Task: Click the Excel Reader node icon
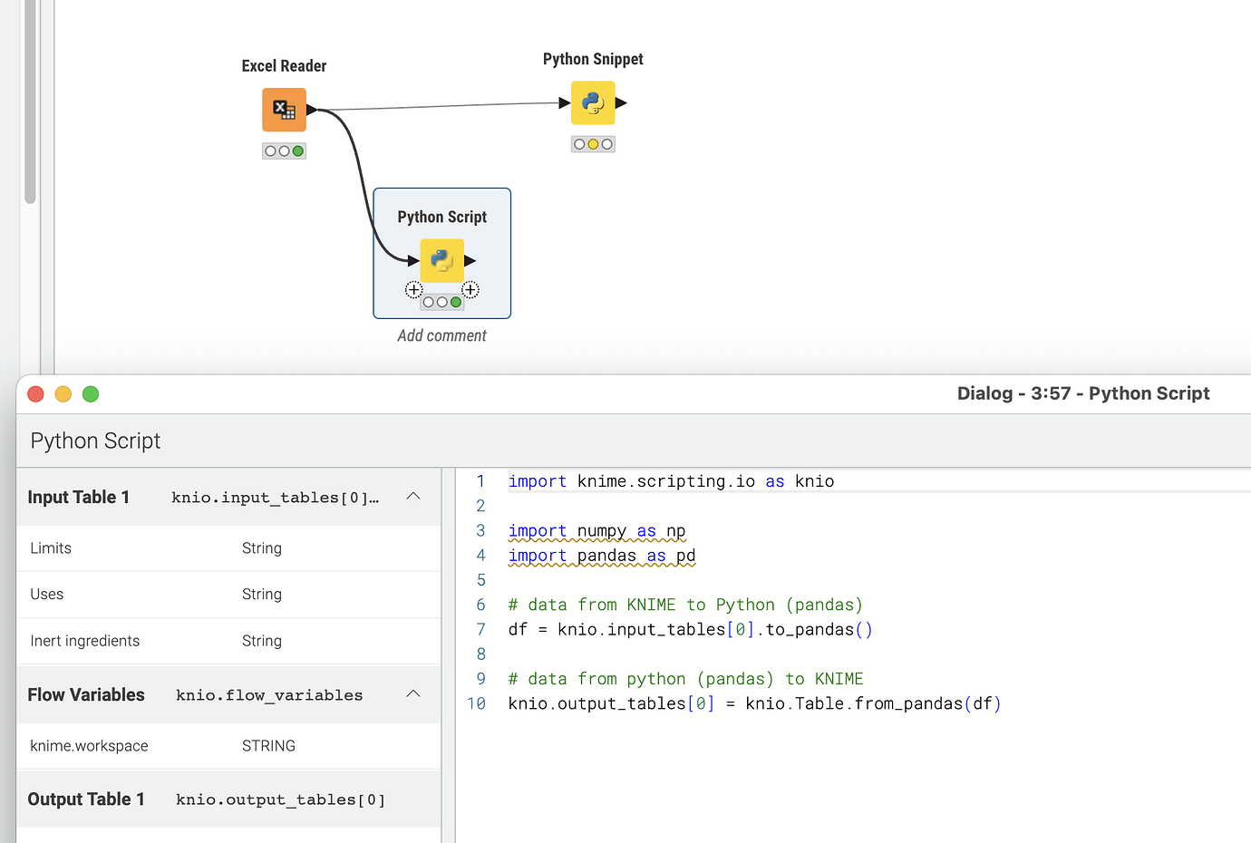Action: tap(284, 110)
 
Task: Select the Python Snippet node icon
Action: tap(593, 102)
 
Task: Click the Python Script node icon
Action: tap(442, 261)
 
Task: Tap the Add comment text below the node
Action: tap(441, 335)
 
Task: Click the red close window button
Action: tap(36, 393)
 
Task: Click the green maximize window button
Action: tap(91, 393)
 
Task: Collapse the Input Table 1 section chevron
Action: tap(413, 496)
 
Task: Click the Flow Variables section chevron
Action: tap(413, 694)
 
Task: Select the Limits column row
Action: tap(51, 548)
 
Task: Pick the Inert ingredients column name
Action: tap(85, 641)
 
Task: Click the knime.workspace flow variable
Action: tap(89, 746)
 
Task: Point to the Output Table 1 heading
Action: tap(86, 799)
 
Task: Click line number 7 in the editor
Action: tap(480, 629)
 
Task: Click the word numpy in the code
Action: tap(602, 530)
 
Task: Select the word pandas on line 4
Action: tap(606, 556)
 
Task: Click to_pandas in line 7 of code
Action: tap(810, 629)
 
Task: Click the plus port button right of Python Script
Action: tap(470, 290)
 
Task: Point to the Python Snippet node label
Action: tap(593, 59)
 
